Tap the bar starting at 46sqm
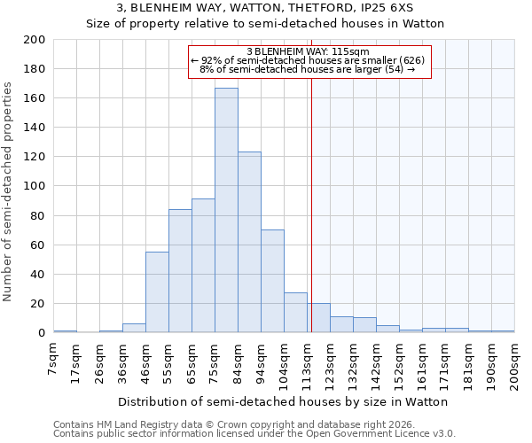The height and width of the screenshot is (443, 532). (x=157, y=292)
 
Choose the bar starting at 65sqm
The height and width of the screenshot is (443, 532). (x=203, y=266)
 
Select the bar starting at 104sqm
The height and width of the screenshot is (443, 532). (x=295, y=313)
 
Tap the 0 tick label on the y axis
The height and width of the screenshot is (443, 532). (x=41, y=333)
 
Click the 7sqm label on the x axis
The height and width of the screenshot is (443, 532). (x=54, y=358)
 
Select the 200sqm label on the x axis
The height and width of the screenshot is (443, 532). (x=515, y=363)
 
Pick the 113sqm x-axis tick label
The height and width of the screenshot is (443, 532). (x=308, y=363)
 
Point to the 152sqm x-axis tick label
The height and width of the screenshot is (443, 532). (x=400, y=363)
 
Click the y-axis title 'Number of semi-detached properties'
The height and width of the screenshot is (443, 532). (x=9, y=191)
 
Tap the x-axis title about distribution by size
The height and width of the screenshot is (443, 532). (x=284, y=401)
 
